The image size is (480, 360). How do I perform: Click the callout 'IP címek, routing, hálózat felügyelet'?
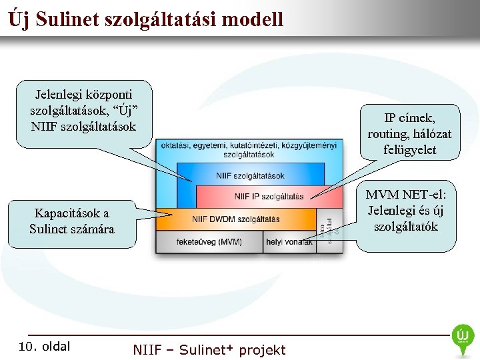(x=409, y=133)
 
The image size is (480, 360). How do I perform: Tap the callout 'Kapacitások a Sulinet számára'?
(x=72, y=221)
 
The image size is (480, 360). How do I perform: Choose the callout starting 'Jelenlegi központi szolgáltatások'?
(x=83, y=107)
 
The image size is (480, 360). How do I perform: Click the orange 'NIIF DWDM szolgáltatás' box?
(x=235, y=219)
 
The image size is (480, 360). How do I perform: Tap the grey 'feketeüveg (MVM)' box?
(x=209, y=241)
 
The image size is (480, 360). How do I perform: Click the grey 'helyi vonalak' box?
(x=289, y=241)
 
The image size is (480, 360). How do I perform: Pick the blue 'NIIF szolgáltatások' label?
(x=250, y=176)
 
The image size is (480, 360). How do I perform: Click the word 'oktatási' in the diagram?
(x=173, y=145)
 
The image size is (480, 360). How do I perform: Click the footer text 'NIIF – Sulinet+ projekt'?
(x=209, y=349)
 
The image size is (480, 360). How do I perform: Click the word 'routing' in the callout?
(x=386, y=134)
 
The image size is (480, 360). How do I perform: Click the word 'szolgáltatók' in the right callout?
(x=405, y=226)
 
